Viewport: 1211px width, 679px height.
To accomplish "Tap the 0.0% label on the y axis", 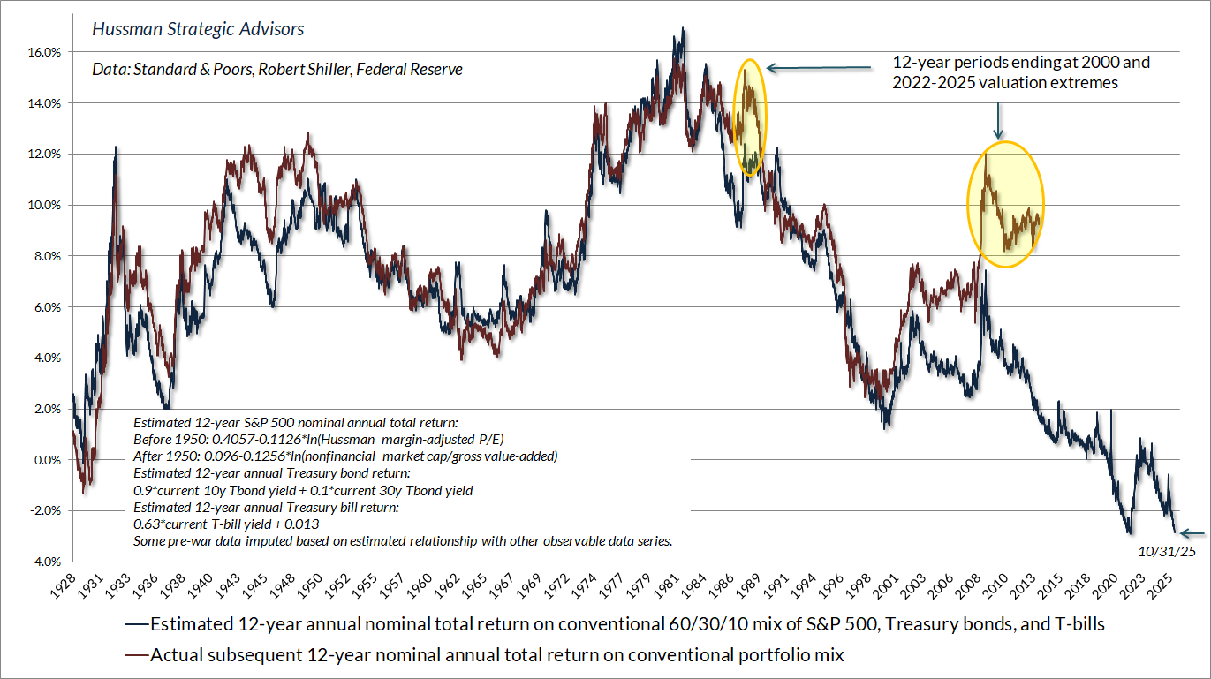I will coord(48,460).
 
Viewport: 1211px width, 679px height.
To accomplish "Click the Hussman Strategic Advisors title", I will coord(198,29).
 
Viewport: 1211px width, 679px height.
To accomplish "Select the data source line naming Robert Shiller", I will coord(277,68).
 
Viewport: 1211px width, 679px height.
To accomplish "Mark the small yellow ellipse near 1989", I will coord(751,117).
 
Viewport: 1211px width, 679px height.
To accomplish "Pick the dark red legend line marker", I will coord(135,655).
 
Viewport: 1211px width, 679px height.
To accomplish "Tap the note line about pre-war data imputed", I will coord(403,540).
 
